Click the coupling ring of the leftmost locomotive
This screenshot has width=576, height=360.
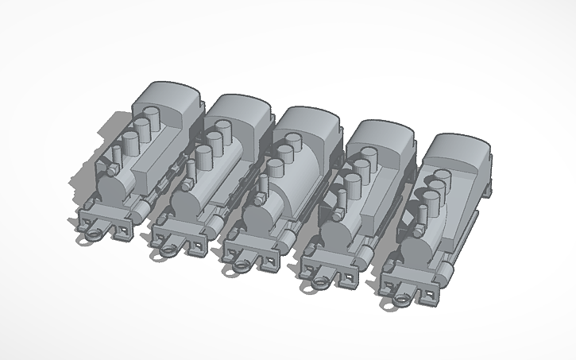94,236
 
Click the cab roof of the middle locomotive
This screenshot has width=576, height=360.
308,120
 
